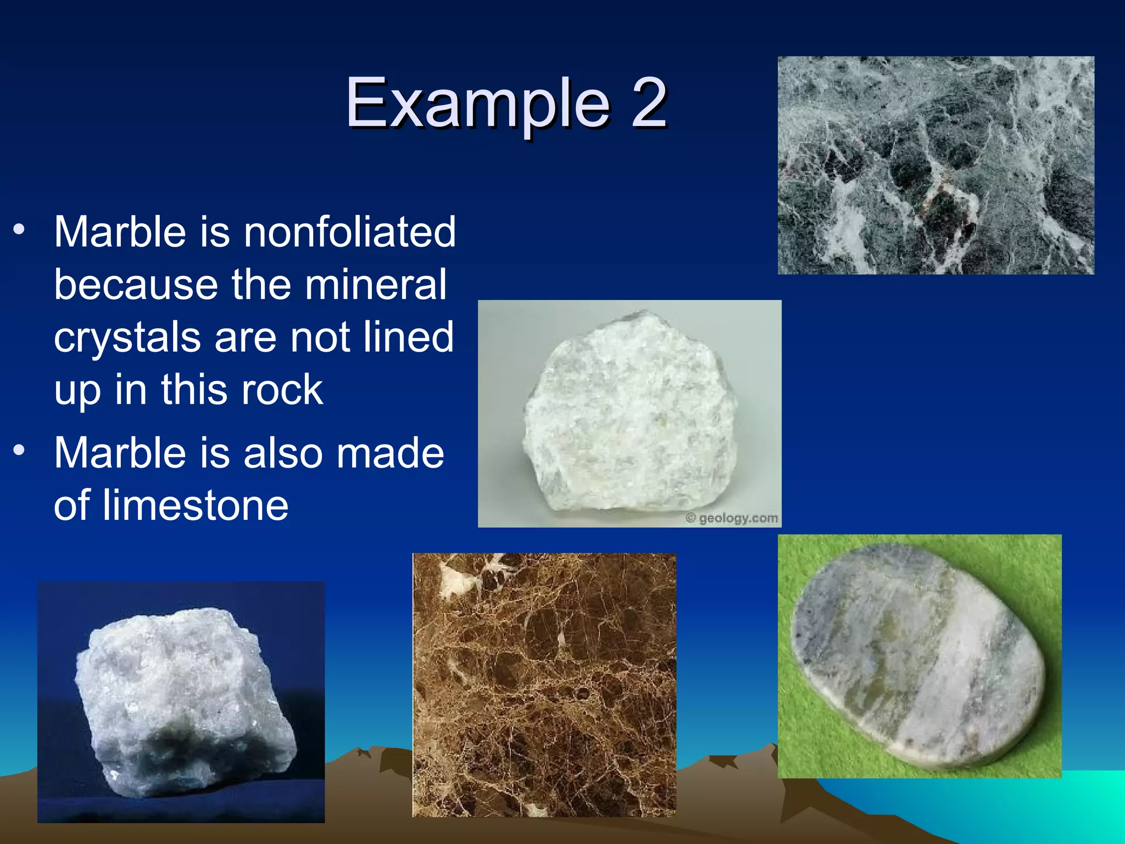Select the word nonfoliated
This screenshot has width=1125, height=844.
(350, 232)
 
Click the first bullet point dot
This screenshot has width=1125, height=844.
(20, 230)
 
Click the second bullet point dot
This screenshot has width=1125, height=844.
(20, 451)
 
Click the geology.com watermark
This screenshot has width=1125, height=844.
(732, 518)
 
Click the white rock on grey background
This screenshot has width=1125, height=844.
(630, 412)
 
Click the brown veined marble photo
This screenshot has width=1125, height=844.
(544, 685)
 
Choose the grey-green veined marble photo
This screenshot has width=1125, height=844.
(935, 165)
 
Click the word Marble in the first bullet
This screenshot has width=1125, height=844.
(120, 232)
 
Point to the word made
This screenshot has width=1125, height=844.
(389, 453)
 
